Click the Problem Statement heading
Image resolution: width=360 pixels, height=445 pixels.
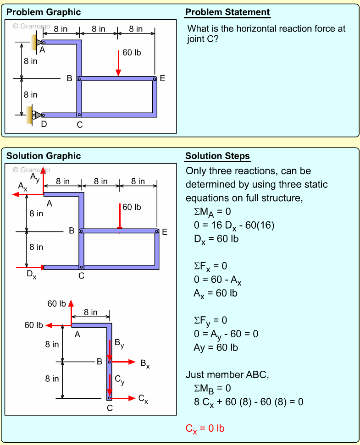pyautogui.click(x=227, y=12)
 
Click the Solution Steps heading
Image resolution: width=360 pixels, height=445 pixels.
pyautogui.click(x=217, y=156)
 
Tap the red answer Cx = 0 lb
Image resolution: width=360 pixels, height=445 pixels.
pyautogui.click(x=205, y=429)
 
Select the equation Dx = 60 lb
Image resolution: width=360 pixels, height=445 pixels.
pyautogui.click(x=216, y=239)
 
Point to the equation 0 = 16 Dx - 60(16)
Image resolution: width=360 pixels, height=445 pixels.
pyautogui.click(x=234, y=225)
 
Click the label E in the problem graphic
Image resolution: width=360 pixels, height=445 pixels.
pyautogui.click(x=162, y=79)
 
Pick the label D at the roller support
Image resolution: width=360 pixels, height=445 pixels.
pyautogui.click(x=44, y=124)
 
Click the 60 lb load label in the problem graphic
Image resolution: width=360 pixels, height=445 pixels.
pyautogui.click(x=132, y=53)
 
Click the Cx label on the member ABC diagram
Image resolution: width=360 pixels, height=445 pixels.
pyautogui.click(x=143, y=399)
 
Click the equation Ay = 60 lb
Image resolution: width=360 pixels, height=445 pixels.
pyautogui.click(x=216, y=347)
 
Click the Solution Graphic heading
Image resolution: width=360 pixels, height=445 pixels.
pyautogui.click(x=44, y=156)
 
